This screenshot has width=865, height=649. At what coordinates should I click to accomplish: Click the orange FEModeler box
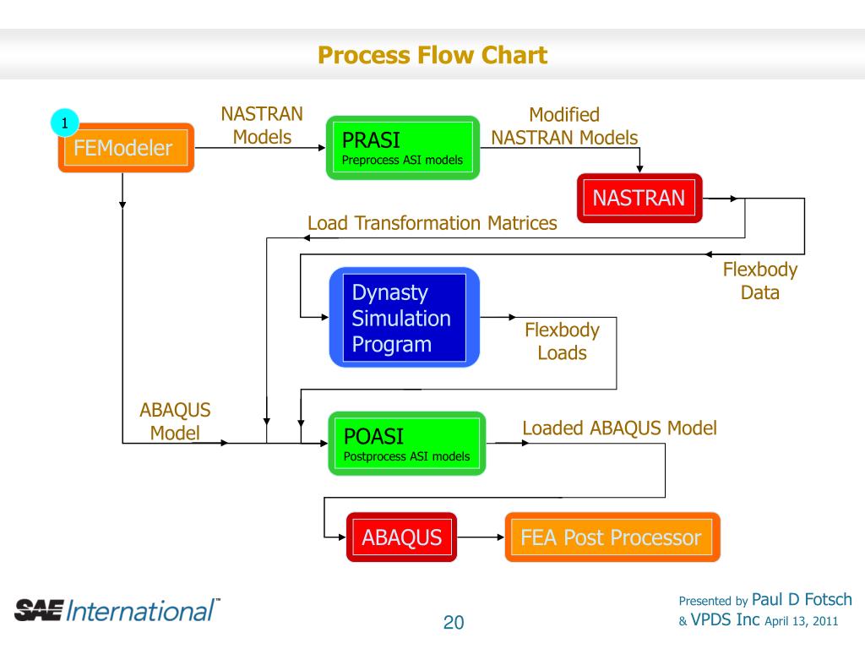(x=127, y=148)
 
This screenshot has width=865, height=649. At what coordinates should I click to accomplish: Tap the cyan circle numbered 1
(x=64, y=123)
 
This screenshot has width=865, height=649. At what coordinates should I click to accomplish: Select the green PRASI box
(x=403, y=148)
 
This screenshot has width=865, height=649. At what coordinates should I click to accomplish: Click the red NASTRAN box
(x=639, y=198)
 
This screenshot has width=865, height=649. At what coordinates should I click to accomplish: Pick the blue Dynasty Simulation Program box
(x=405, y=318)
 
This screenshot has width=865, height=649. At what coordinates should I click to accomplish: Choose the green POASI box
(x=407, y=443)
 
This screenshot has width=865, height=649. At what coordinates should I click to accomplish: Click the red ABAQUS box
(x=401, y=537)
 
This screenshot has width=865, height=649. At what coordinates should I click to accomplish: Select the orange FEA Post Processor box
(x=612, y=537)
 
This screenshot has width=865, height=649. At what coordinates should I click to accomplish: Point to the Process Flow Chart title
(x=432, y=55)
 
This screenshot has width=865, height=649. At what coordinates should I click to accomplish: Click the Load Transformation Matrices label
(x=432, y=223)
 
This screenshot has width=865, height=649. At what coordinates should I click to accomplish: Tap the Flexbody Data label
(x=760, y=281)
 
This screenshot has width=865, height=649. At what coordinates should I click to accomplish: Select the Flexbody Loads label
(x=562, y=341)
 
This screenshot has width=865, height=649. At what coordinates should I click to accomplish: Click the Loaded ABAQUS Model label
(x=619, y=428)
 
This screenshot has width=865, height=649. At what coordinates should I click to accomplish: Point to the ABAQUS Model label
(x=175, y=422)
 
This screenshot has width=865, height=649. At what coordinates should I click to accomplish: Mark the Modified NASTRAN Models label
(x=564, y=126)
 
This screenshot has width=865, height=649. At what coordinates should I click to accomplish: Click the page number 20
(x=454, y=623)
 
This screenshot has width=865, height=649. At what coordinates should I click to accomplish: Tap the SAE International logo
(x=117, y=610)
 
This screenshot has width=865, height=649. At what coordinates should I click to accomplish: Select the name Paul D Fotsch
(x=802, y=600)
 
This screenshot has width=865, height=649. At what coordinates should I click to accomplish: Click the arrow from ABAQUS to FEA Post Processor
(x=481, y=537)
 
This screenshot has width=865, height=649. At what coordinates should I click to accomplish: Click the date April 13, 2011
(x=801, y=621)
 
